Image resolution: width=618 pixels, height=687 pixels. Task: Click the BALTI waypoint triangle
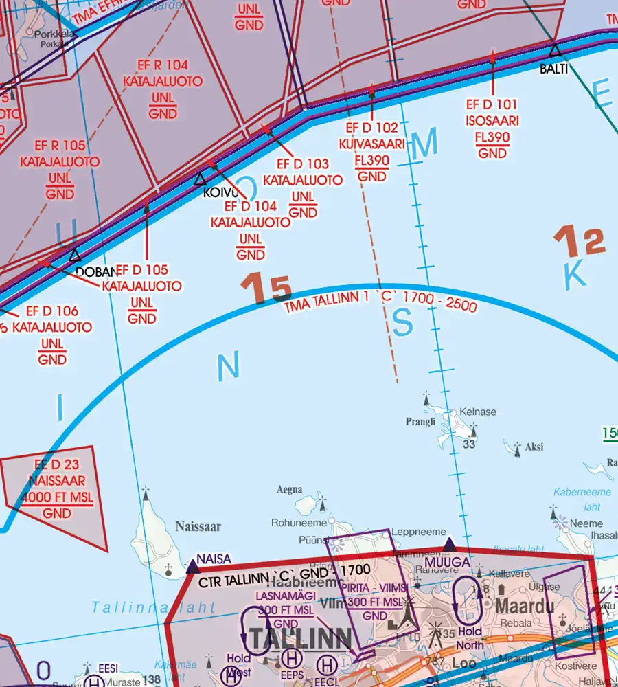554,50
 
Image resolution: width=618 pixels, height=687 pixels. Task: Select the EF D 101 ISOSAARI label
492,128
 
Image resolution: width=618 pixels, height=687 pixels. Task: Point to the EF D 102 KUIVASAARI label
372,152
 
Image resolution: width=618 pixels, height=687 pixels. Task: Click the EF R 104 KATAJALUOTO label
163,89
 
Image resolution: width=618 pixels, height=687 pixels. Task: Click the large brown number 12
580,245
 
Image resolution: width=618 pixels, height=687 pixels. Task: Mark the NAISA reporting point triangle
193,567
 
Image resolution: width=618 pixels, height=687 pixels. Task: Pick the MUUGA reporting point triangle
449,545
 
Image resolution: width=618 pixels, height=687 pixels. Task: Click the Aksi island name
534,447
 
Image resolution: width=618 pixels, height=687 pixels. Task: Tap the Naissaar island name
198,527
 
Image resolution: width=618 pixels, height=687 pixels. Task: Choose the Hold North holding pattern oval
470,596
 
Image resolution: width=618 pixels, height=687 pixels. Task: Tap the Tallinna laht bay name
153,607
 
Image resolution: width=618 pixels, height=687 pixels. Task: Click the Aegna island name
289,490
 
